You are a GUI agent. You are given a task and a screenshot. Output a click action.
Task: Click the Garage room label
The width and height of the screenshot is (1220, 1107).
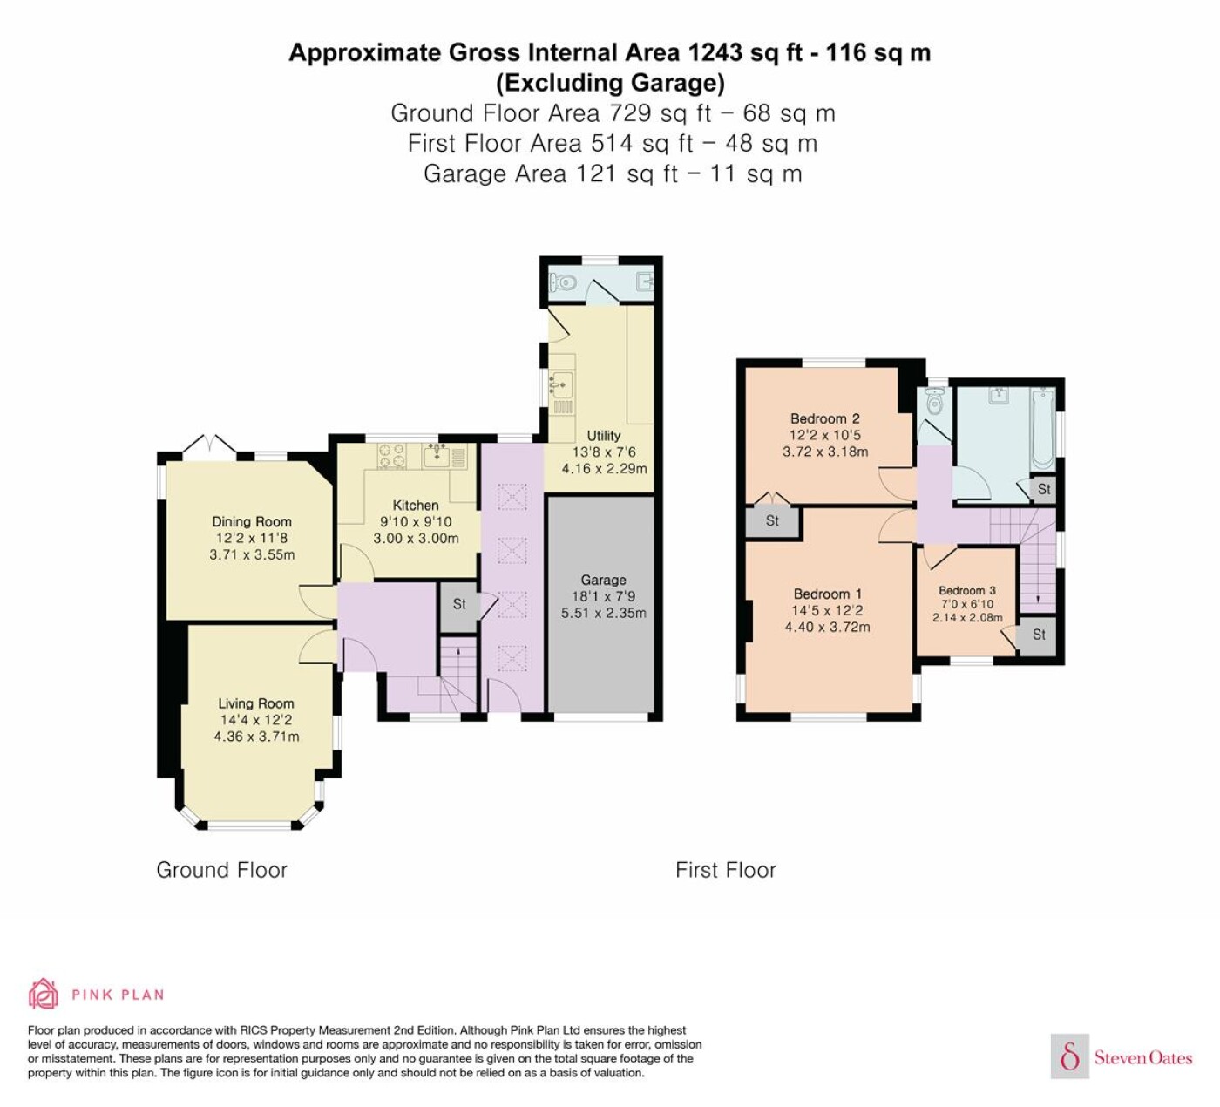pos(603,580)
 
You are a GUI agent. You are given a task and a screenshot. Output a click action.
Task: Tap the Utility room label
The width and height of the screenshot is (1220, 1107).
pos(603,436)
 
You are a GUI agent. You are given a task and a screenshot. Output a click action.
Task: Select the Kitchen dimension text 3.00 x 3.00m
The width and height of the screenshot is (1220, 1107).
pos(416,538)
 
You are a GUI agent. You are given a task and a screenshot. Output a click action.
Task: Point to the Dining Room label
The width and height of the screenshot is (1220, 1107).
pos(252,521)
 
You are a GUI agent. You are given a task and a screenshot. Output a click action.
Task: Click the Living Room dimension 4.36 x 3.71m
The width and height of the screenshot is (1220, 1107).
pos(257,737)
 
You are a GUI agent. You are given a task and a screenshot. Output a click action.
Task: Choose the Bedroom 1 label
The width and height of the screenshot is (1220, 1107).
pos(828,594)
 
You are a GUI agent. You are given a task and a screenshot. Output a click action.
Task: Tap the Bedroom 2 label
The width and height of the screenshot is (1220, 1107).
pos(824,418)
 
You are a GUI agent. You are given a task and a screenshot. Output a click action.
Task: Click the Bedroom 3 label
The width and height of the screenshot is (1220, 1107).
pos(967,590)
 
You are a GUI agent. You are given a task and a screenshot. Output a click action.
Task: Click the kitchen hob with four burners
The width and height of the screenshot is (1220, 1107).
pos(392,457)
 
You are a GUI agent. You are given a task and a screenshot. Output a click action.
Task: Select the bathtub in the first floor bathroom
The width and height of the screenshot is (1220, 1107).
pos(1043,430)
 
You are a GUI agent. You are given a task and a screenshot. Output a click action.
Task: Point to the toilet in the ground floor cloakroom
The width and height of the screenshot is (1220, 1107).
pos(563,282)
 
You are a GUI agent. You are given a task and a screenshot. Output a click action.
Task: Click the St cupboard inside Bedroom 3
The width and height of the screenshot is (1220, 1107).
pos(1038,635)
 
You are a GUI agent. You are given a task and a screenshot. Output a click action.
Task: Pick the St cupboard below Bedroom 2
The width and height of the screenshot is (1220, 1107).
pos(772,521)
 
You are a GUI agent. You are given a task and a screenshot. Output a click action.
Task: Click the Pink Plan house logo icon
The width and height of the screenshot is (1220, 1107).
pos(44,994)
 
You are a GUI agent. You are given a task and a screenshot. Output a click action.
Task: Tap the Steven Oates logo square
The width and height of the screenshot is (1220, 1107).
pos(1070,1056)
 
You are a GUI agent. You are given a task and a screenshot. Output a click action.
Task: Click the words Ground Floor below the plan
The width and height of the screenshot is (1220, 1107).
pos(221,870)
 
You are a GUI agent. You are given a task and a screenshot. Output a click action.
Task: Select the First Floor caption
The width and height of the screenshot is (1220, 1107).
pos(726,870)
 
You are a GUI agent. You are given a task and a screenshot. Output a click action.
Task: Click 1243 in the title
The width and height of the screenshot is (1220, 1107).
pos(715,52)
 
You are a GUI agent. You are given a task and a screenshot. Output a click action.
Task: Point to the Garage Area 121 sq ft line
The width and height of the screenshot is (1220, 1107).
pos(613,173)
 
